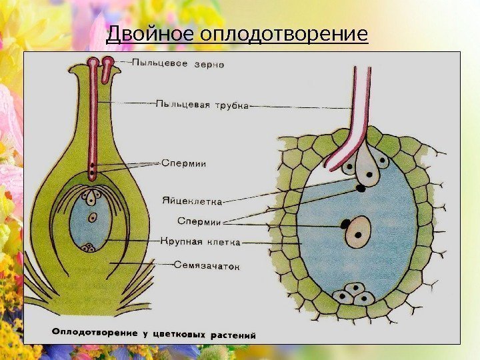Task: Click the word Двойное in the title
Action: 146,33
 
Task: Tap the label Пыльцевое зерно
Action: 178,64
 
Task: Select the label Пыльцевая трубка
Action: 203,104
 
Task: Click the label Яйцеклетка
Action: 192,199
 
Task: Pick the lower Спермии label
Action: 199,221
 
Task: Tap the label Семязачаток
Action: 207,265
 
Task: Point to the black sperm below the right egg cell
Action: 361,188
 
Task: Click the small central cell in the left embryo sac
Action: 92,217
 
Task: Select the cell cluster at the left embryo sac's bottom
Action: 89,248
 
